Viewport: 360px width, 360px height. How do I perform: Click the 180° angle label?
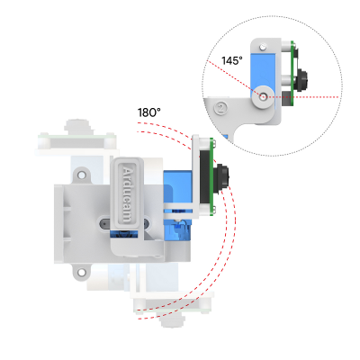click(148, 113)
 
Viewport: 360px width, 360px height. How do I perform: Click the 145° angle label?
click(231, 60)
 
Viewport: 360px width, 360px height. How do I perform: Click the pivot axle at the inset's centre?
click(260, 94)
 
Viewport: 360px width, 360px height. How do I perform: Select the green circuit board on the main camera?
click(207, 175)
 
